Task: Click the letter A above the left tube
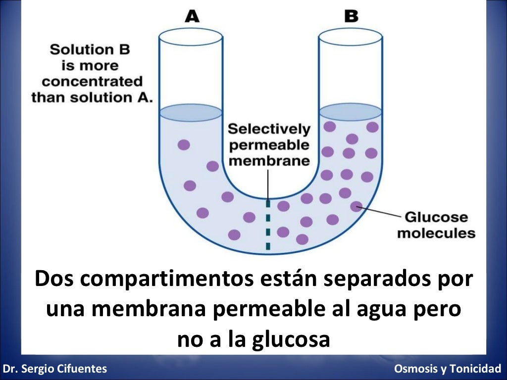point(192,16)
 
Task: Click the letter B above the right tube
point(351,16)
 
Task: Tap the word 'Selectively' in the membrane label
point(269,130)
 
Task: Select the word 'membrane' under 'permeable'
point(269,161)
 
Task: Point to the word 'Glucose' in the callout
point(436,217)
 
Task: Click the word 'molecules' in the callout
point(436,233)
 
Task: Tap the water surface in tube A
point(191,113)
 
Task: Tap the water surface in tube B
point(350,112)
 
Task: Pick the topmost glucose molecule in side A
point(184,145)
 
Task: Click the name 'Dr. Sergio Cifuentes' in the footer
point(54,369)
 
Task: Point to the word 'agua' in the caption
point(383,309)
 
